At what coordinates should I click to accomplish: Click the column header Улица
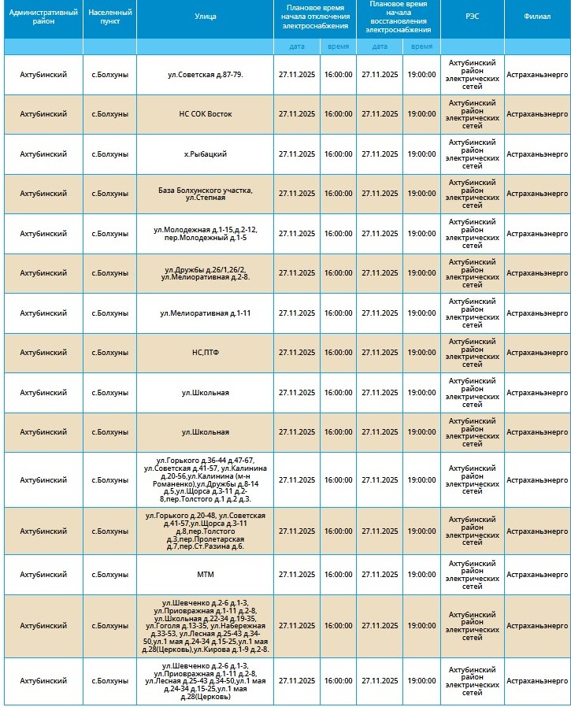click(205, 16)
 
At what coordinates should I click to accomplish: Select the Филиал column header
click(537, 16)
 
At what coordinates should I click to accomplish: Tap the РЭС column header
click(472, 16)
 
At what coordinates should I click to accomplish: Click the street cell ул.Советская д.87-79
click(205, 74)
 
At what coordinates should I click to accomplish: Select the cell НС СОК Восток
click(205, 114)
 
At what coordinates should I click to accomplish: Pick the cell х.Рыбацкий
click(205, 154)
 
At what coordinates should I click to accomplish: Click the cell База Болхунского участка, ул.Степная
click(205, 194)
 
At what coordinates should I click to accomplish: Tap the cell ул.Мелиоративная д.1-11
click(205, 313)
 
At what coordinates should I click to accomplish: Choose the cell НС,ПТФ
click(205, 353)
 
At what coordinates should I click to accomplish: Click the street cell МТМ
click(205, 575)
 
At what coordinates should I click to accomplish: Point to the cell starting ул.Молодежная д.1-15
click(205, 233)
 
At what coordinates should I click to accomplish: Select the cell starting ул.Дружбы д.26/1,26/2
click(205, 273)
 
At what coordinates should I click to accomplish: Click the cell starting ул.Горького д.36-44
click(205, 479)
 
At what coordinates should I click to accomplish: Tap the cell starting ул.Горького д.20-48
click(205, 531)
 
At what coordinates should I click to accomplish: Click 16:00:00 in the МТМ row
click(338, 575)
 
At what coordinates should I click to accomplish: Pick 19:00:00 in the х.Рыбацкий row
click(421, 154)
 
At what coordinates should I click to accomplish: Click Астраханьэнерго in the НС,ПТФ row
click(537, 353)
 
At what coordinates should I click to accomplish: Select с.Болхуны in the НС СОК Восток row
click(109, 114)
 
